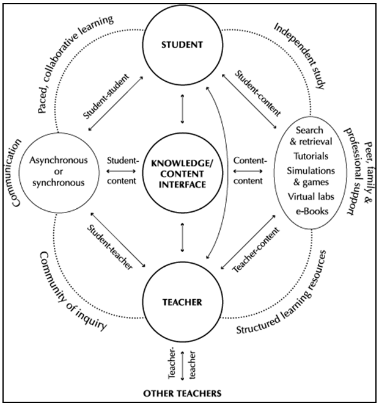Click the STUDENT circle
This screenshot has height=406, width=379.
[x=183, y=45]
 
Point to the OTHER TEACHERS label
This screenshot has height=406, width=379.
[x=183, y=392]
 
